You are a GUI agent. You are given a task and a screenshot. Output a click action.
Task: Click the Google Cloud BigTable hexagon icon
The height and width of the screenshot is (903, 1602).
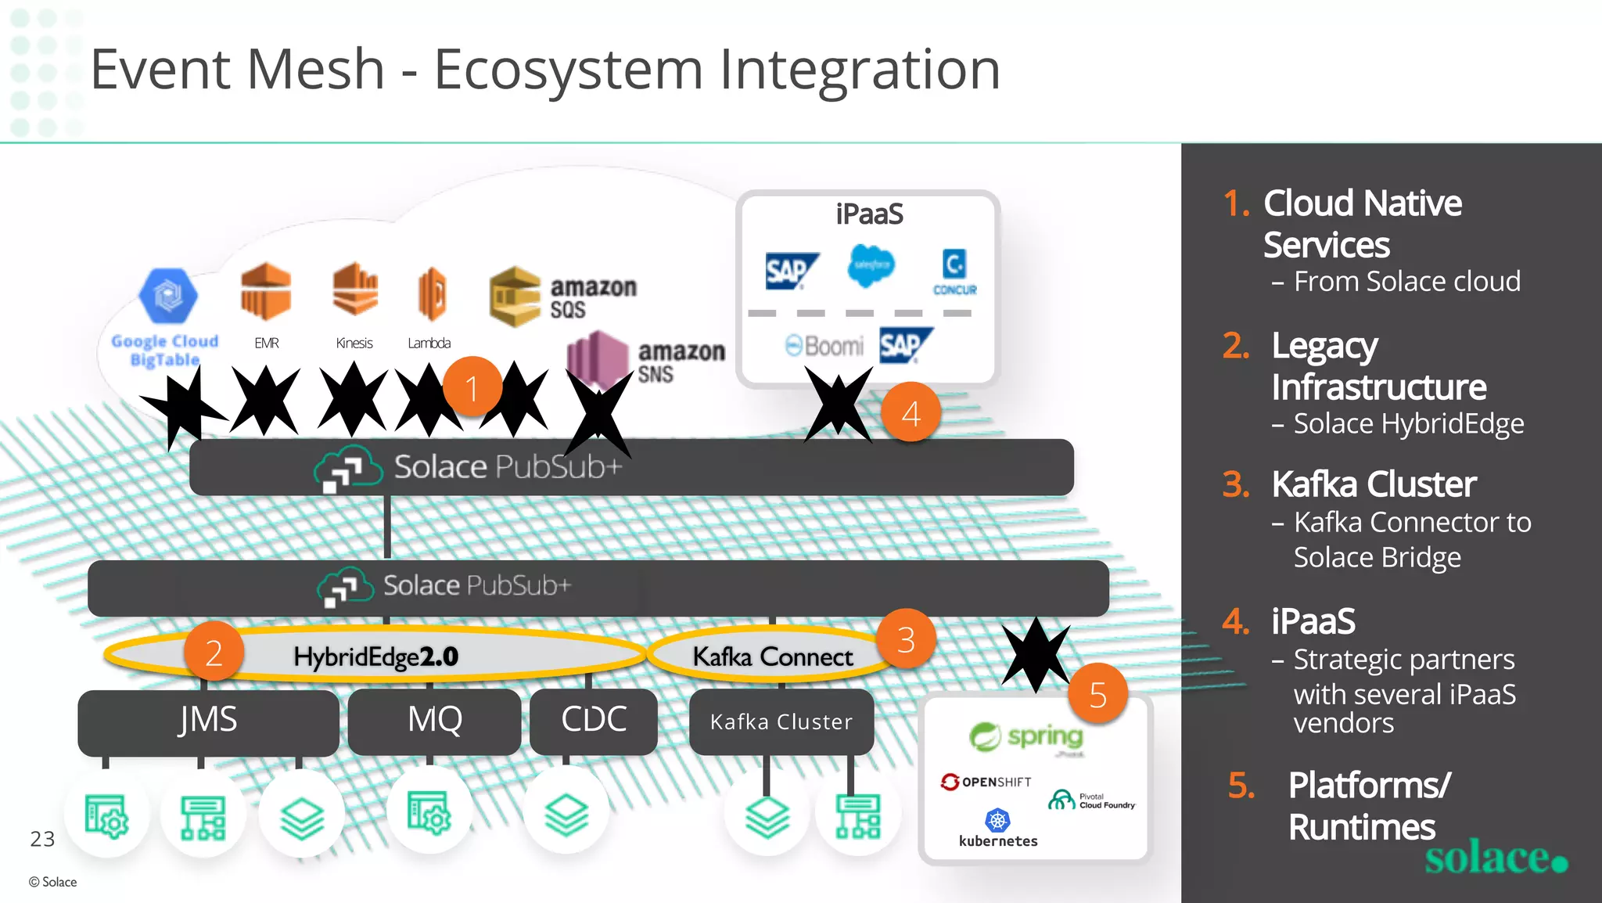point(167,296)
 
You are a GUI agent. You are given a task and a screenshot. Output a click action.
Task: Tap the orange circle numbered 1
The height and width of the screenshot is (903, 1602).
point(472,387)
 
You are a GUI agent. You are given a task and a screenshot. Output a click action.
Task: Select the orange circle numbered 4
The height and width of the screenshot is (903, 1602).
point(911,412)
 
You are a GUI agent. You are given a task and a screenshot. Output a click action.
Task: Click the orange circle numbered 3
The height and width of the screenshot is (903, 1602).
point(906,639)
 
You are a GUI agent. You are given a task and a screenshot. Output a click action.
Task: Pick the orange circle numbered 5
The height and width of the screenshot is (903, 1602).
point(1097,693)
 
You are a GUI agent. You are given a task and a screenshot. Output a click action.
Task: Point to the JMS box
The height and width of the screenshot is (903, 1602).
point(208,720)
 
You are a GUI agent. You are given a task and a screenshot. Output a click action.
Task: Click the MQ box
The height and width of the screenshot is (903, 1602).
point(435,720)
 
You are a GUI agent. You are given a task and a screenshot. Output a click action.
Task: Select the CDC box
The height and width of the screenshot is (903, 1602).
point(594,720)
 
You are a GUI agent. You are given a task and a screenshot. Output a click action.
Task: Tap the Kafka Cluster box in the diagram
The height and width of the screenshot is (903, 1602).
point(781,721)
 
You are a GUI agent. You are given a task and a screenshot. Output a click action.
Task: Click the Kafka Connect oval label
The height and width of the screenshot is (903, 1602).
point(773,657)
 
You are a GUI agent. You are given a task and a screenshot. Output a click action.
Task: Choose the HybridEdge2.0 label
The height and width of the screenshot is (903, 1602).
point(376,657)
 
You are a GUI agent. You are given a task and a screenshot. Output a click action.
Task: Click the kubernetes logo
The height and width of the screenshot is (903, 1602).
point(997,829)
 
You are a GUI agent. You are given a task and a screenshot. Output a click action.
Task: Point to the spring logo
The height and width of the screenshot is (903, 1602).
point(1026,736)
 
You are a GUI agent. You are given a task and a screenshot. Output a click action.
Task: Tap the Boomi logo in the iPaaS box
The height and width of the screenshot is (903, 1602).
point(825,346)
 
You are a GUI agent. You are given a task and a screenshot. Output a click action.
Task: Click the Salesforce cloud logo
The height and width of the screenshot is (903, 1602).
point(871,265)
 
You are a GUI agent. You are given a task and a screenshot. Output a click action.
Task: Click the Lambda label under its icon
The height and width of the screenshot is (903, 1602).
point(429,343)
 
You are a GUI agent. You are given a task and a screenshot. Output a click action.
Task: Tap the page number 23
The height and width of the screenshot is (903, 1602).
point(42,839)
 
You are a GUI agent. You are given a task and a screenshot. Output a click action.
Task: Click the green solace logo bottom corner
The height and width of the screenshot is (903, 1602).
point(1495,858)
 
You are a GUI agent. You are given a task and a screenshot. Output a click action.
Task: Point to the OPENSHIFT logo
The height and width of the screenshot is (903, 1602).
point(986,782)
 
